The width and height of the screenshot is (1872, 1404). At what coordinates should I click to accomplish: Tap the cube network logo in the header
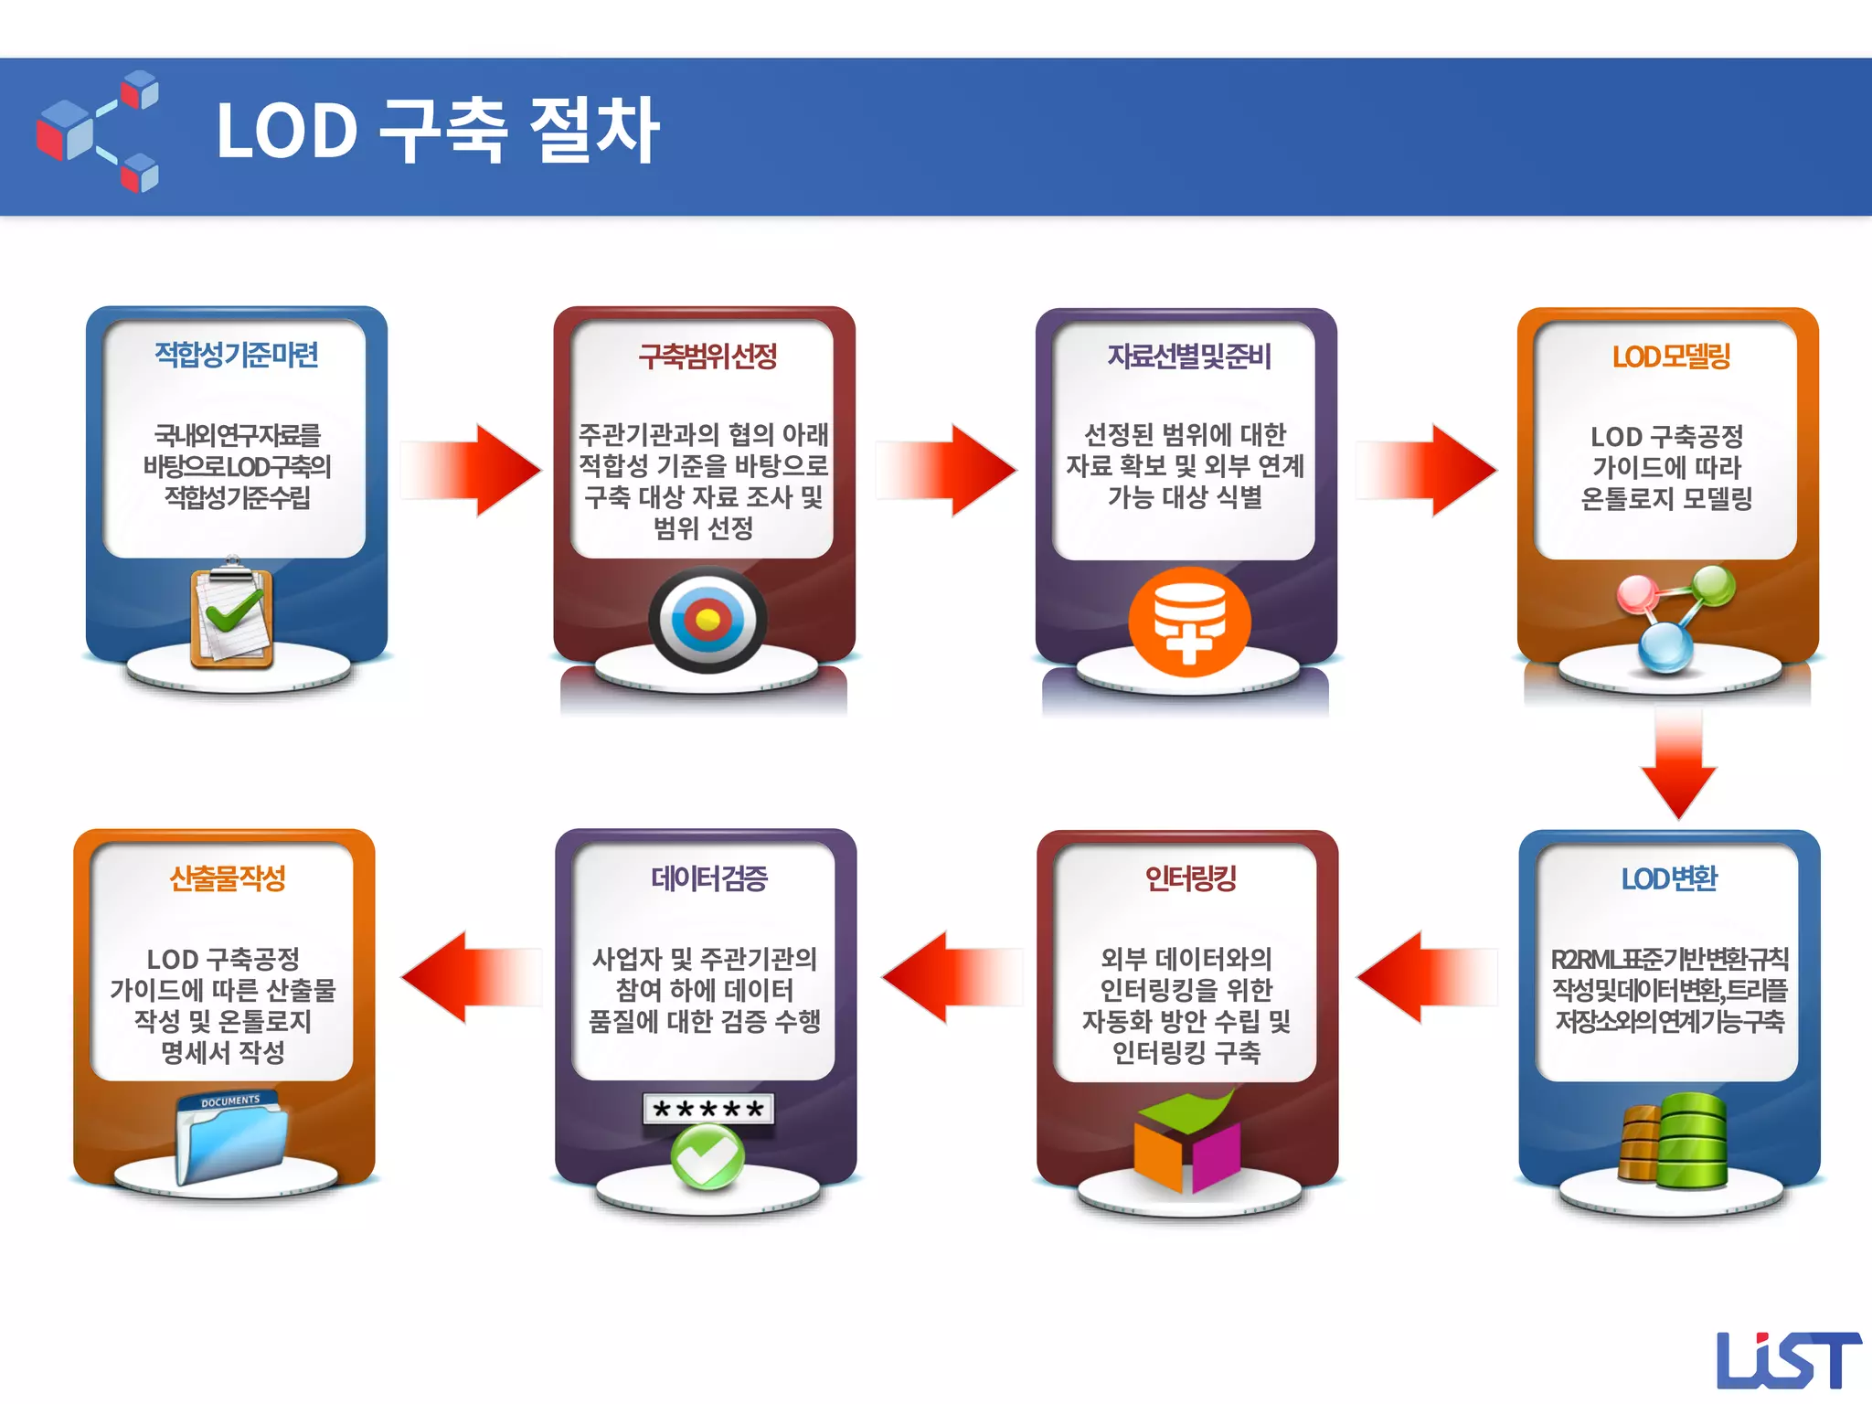click(x=98, y=131)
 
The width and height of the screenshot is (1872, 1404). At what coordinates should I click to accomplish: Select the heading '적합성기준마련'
click(x=237, y=355)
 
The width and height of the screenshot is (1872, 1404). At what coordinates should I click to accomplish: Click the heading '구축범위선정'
click(x=707, y=356)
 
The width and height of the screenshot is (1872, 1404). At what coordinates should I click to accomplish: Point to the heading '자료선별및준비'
click(x=1189, y=356)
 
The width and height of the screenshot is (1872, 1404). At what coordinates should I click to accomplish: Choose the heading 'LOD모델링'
click(x=1671, y=356)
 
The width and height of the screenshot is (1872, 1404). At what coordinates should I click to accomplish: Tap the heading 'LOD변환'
click(x=1669, y=878)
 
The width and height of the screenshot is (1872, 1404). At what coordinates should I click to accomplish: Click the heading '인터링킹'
click(x=1190, y=878)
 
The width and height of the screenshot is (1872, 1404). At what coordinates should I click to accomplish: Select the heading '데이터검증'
click(x=708, y=878)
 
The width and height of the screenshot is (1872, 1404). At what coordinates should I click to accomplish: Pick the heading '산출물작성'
click(x=228, y=878)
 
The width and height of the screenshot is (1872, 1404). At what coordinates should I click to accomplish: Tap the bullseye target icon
click(x=707, y=621)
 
